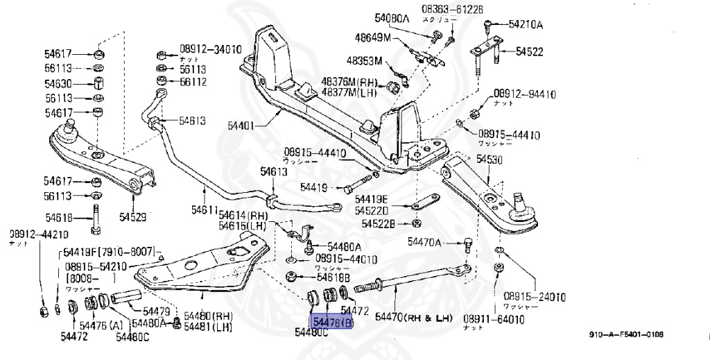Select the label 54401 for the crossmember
pyautogui.click(x=241, y=127)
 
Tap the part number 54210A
pyautogui.click(x=525, y=25)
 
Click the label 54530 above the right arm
pyautogui.click(x=491, y=160)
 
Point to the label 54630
pyautogui.click(x=60, y=83)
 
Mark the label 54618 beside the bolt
pyautogui.click(x=60, y=216)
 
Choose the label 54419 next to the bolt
pyautogui.click(x=314, y=187)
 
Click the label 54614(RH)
pyautogui.click(x=243, y=216)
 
